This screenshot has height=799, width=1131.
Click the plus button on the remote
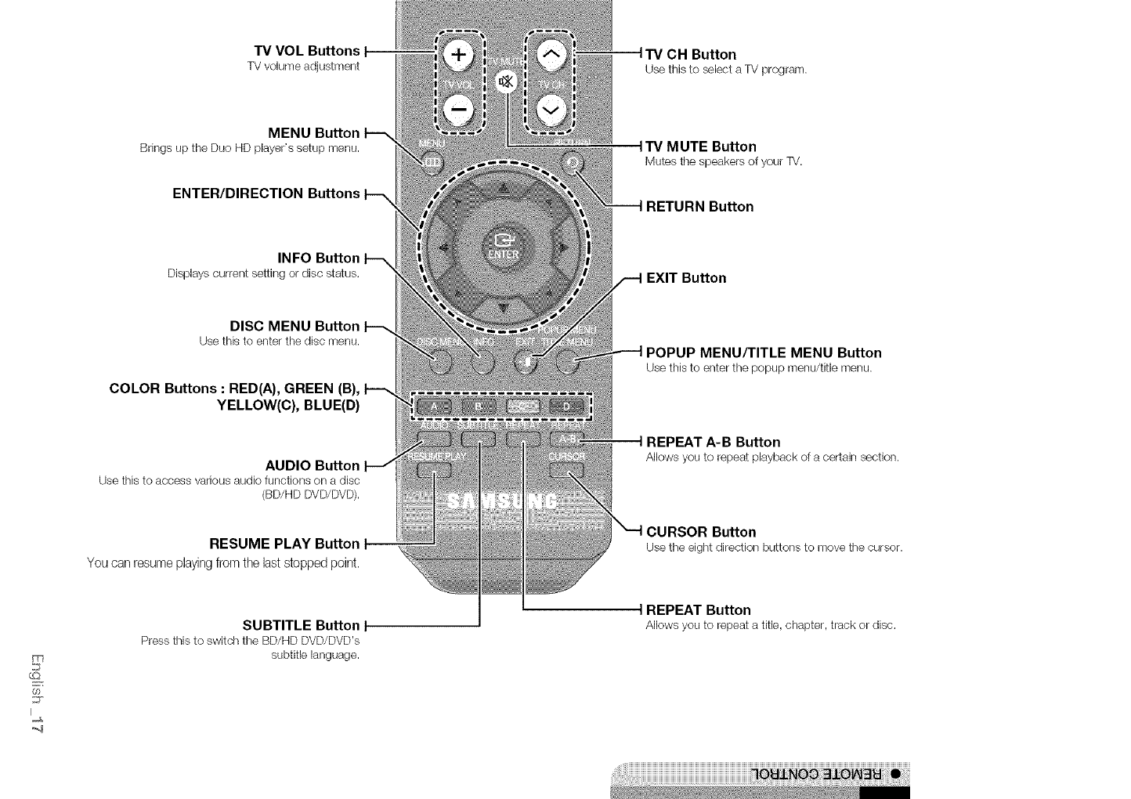tap(459, 55)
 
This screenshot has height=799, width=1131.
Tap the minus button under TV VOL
tap(459, 109)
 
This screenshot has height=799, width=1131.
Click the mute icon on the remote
tap(507, 81)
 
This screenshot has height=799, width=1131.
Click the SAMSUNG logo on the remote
tap(502, 501)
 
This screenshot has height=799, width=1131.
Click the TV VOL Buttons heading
tap(303, 51)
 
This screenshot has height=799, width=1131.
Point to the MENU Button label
tap(313, 133)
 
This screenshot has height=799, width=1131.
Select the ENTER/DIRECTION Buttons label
tap(266, 193)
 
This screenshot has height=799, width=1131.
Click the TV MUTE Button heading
tap(701, 146)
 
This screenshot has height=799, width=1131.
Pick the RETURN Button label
tap(699, 207)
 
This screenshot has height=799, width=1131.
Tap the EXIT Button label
tap(686, 278)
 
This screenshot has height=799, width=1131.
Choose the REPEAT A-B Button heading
tap(713, 442)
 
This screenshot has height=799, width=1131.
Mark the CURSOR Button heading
tap(701, 532)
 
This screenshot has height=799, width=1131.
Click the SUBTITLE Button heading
tap(301, 625)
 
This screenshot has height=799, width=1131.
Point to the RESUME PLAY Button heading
tap(284, 544)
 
